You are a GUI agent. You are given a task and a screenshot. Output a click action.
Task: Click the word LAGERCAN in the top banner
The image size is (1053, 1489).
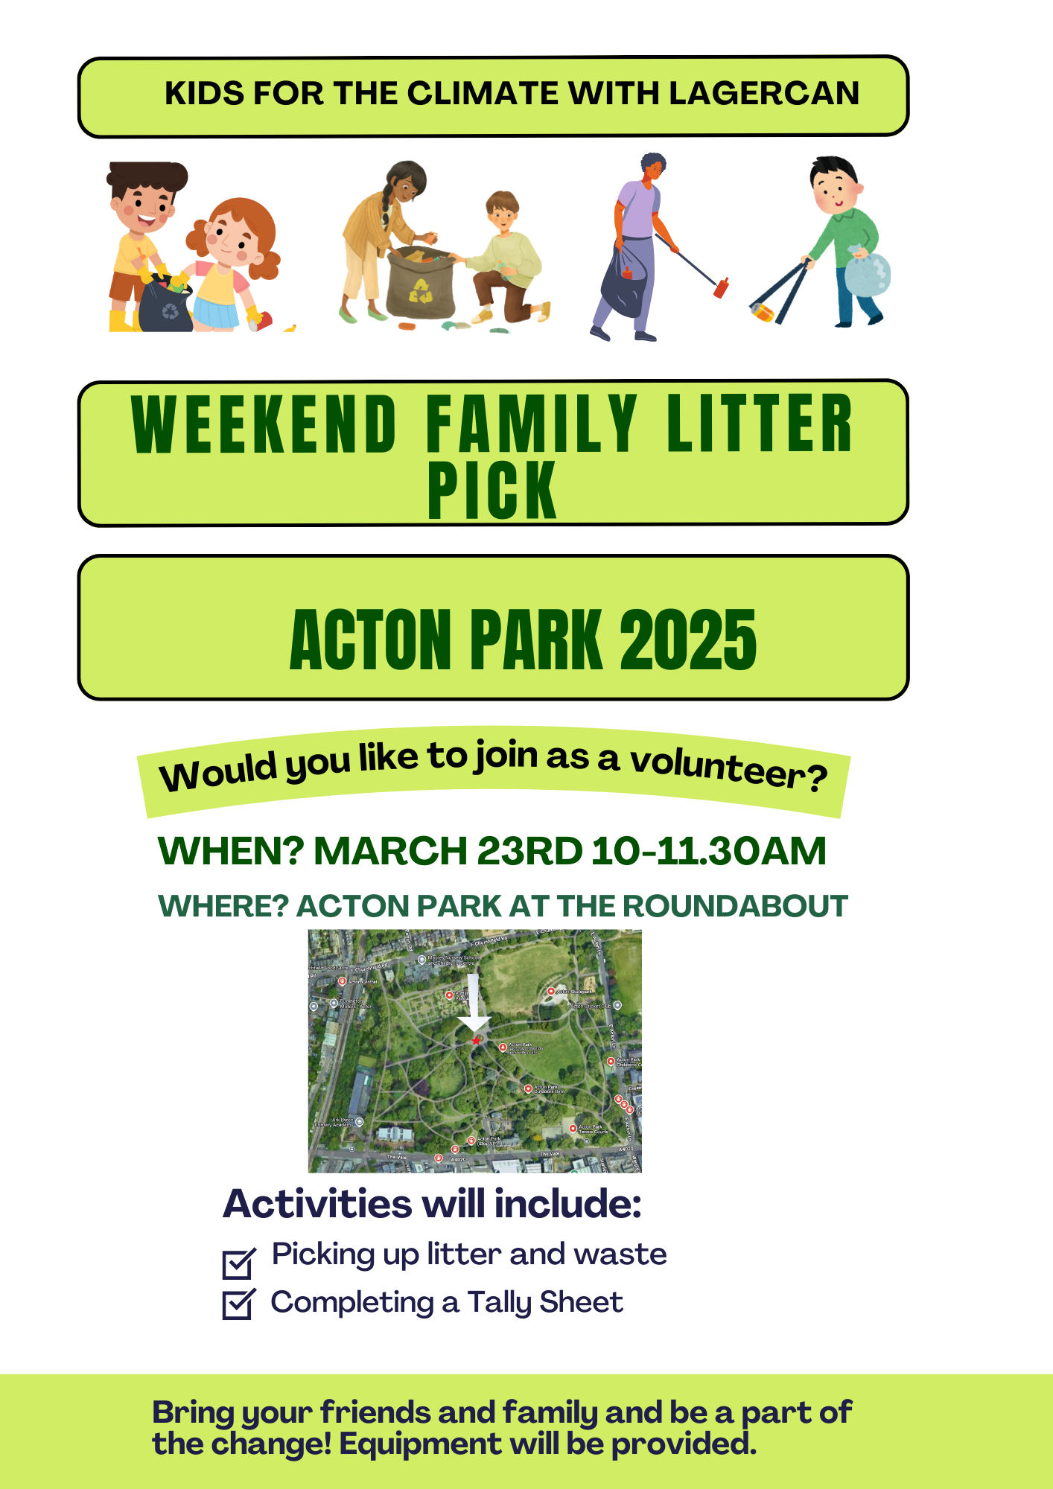click(x=763, y=94)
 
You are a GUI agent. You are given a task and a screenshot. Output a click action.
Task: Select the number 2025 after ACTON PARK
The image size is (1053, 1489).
click(x=687, y=640)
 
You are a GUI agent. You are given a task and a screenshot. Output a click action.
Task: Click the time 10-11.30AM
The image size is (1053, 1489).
click(x=708, y=851)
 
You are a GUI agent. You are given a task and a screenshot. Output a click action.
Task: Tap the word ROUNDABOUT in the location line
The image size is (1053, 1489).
click(x=735, y=906)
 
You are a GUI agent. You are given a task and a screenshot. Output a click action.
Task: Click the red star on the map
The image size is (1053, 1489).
click(x=476, y=1040)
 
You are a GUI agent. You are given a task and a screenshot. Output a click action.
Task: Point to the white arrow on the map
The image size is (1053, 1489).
click(x=473, y=1005)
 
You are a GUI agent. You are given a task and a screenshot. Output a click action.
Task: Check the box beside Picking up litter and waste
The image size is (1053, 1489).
click(x=238, y=1263)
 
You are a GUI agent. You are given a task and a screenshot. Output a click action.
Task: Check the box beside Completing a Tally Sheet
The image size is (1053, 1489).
click(x=238, y=1304)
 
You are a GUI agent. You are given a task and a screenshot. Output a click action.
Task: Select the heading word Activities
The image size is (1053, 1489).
click(x=317, y=1204)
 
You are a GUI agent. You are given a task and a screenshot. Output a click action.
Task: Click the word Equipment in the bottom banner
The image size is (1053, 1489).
click(x=420, y=1444)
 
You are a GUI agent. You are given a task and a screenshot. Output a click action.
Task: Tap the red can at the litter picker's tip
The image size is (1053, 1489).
click(x=721, y=287)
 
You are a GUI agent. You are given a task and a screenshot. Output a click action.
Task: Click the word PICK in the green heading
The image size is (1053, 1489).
click(x=491, y=490)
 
